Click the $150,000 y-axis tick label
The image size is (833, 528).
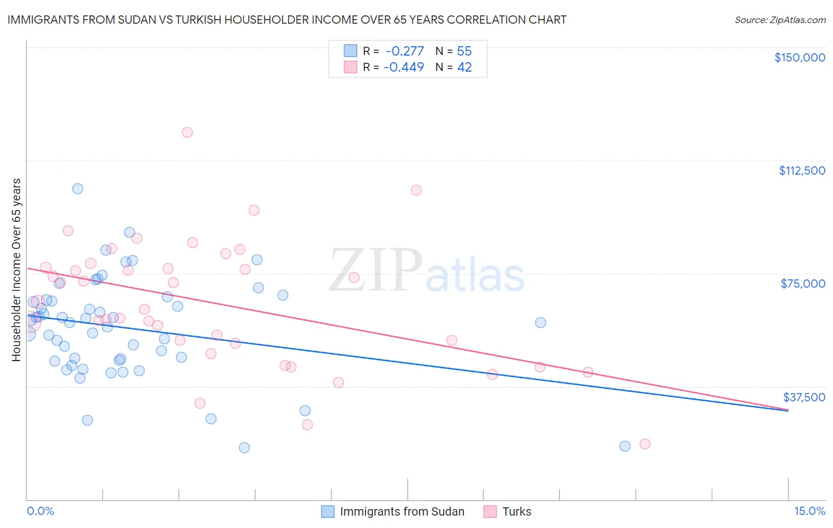[x=799, y=57]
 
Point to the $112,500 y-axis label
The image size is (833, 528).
[x=802, y=170]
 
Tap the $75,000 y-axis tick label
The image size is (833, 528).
[x=803, y=284]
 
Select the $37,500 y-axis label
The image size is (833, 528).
[x=804, y=397]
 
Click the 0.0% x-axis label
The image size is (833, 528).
[x=40, y=511]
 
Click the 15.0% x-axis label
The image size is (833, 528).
[x=809, y=511]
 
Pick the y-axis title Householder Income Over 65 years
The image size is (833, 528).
[x=17, y=269]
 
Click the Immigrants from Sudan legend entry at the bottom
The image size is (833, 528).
[x=402, y=511]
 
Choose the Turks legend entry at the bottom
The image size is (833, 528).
[x=517, y=511]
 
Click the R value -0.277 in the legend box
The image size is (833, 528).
[x=405, y=51]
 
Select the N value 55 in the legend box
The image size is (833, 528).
[x=464, y=51]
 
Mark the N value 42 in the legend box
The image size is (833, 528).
[x=464, y=67]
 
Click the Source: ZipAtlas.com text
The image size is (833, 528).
[x=780, y=20]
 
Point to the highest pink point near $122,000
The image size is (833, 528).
[x=187, y=133]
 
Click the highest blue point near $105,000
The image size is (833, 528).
[x=78, y=189]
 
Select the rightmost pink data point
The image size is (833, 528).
[x=645, y=444]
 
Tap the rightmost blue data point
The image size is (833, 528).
[x=625, y=446]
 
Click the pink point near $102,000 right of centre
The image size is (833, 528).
[x=416, y=190]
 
